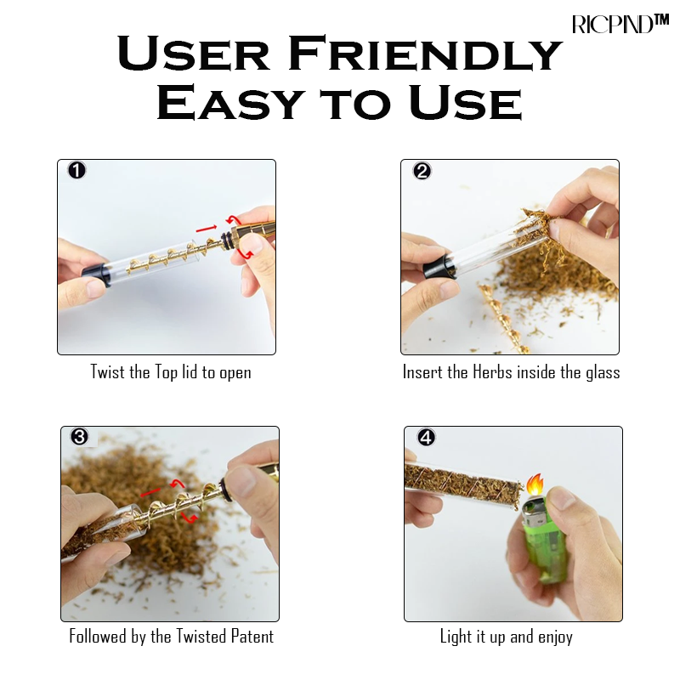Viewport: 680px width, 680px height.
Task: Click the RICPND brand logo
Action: pyautogui.click(x=620, y=24)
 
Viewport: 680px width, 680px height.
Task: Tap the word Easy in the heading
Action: pyautogui.click(x=229, y=102)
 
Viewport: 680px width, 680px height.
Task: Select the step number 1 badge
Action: pyautogui.click(x=76, y=171)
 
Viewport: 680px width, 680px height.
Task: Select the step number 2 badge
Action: pyautogui.click(x=422, y=171)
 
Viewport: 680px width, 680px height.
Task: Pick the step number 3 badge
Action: pyautogui.click(x=79, y=437)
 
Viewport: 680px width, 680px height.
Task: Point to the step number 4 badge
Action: pyautogui.click(x=426, y=437)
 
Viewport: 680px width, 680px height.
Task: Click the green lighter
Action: pyautogui.click(x=545, y=542)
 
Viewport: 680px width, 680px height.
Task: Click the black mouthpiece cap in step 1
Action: pyautogui.click(x=96, y=275)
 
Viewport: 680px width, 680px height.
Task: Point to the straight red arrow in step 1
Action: pyautogui.click(x=207, y=228)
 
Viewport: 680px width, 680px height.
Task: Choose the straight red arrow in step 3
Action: pyautogui.click(x=150, y=493)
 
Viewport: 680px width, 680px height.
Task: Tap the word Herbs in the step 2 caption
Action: pyautogui.click(x=492, y=372)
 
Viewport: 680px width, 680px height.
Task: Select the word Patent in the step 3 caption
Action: pyautogui.click(x=252, y=636)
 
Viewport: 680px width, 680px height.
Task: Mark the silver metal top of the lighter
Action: pyautogui.click(x=535, y=510)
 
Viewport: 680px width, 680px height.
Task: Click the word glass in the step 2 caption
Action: pyautogui.click(x=603, y=372)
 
